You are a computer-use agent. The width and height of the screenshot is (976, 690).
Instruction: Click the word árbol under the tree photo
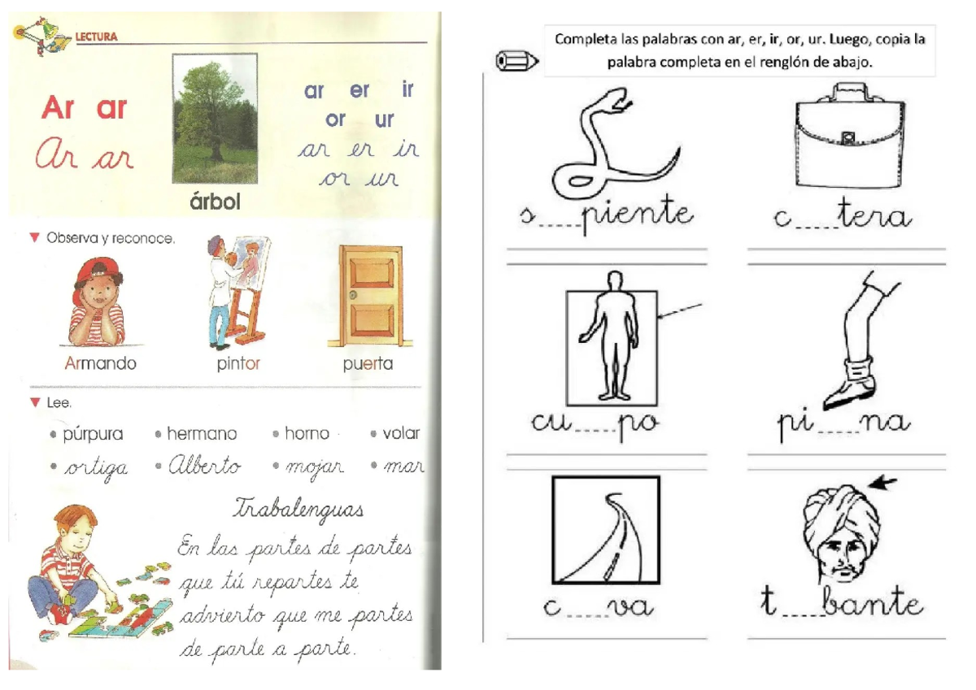pyautogui.click(x=215, y=201)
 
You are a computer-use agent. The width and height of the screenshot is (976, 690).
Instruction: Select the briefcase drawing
pyautogui.click(x=847, y=138)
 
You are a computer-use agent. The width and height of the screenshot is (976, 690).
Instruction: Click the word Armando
pyautogui.click(x=100, y=363)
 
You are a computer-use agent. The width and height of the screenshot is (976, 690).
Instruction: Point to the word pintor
pyautogui.click(x=238, y=363)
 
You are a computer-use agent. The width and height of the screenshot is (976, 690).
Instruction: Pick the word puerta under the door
pyautogui.click(x=368, y=363)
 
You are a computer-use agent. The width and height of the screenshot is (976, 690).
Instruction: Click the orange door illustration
pyautogui.click(x=370, y=297)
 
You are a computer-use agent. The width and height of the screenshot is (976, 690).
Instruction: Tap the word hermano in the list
pyautogui.click(x=202, y=434)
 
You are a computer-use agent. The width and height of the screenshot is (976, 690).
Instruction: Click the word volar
pyautogui.click(x=401, y=433)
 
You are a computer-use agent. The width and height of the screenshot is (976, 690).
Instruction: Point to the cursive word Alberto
pyautogui.click(x=204, y=467)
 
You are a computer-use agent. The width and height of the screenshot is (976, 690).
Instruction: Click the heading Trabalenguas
pyautogui.click(x=298, y=509)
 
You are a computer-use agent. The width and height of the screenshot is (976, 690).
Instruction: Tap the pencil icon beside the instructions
pyautogui.click(x=516, y=61)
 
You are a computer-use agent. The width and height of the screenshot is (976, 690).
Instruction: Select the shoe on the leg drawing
pyautogui.click(x=850, y=392)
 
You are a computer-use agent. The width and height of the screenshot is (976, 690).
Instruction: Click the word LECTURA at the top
pyautogui.click(x=97, y=37)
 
